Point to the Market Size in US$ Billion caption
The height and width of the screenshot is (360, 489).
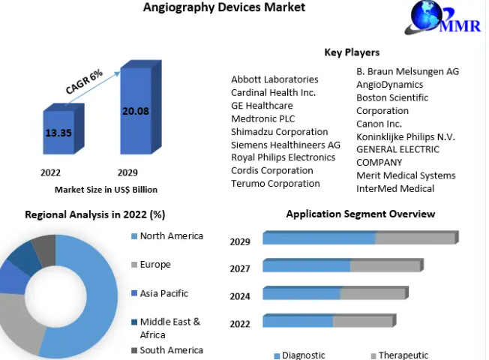pos(106,190)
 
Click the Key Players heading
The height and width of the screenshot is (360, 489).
pos(352,52)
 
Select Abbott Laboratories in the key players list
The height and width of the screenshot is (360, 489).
pos(274,79)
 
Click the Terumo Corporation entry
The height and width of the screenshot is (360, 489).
pos(275,184)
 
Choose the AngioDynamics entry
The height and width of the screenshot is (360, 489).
pos(390,85)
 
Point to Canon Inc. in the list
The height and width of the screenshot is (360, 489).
pos(379,124)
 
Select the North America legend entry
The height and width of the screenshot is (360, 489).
pos(171,236)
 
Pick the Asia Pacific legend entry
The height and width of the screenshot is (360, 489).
pos(163,293)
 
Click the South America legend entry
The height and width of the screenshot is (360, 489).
pos(171,350)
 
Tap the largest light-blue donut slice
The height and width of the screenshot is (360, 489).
pos(94,300)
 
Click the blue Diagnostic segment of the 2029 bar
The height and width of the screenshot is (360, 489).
pos(319,238)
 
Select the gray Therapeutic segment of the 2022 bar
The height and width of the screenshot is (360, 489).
pos(363,322)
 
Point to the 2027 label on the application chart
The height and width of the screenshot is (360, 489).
pos(240,268)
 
